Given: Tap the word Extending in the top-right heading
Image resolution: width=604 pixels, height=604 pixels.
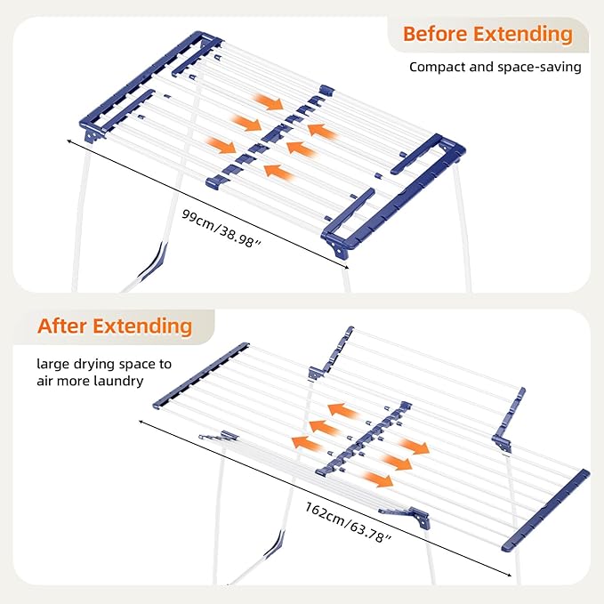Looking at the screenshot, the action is pyautogui.click(x=523, y=35).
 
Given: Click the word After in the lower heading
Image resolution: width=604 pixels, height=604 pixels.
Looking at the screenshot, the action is pyautogui.click(x=61, y=326).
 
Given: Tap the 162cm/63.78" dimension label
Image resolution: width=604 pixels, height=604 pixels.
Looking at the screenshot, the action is pyautogui.click(x=348, y=522).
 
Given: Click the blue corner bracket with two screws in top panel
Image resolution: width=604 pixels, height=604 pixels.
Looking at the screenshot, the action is pyautogui.click(x=336, y=248).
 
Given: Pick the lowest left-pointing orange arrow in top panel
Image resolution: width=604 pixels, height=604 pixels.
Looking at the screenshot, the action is pyautogui.click(x=278, y=173).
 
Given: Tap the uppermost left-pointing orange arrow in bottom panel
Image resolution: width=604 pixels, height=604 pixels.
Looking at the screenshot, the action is pyautogui.click(x=342, y=411).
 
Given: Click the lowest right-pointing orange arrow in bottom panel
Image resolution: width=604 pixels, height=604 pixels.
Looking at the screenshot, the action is pyautogui.click(x=377, y=479).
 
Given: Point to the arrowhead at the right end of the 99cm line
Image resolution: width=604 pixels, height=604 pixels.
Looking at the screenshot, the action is pyautogui.click(x=346, y=268).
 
